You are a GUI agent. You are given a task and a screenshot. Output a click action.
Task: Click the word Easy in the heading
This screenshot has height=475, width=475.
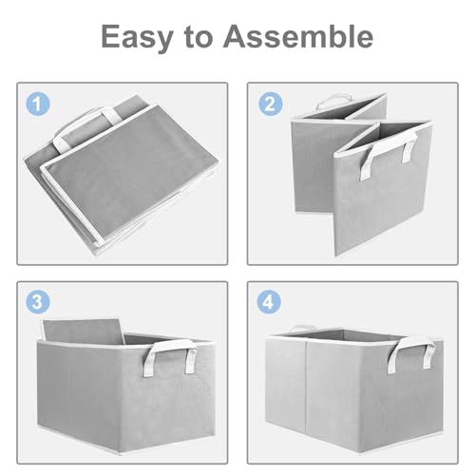click(x=137, y=37)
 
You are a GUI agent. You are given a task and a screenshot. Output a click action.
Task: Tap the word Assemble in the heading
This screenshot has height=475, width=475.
click(x=298, y=36)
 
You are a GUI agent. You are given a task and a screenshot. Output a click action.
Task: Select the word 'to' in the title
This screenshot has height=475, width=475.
click(x=199, y=37)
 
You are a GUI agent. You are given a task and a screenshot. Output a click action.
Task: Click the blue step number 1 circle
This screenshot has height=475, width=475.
click(x=38, y=104)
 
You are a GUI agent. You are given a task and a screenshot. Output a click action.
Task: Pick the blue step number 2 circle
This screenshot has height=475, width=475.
click(x=271, y=104)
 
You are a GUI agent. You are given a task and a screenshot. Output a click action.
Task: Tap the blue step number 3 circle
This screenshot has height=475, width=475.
click(x=38, y=301)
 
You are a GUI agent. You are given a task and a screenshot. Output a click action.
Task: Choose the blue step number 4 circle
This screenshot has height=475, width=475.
click(x=269, y=301)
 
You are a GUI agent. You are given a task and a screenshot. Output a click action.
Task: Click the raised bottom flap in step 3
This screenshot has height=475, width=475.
click(x=83, y=331)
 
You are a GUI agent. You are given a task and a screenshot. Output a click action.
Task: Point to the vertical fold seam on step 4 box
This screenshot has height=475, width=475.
click(x=307, y=385)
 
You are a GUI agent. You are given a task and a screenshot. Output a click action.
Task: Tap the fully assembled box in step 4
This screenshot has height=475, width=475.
click(x=354, y=389)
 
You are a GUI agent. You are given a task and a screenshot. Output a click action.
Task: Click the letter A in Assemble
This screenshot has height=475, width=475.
click(x=237, y=36)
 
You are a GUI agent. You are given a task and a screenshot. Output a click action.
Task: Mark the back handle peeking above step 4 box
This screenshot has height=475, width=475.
click(x=302, y=328)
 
